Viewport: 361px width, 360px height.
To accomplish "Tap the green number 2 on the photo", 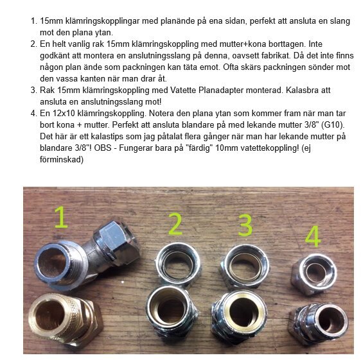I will [x=175, y=225].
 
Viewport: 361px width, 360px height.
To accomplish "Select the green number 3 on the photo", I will [x=245, y=227].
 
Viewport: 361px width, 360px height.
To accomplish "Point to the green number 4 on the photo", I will [x=313, y=236].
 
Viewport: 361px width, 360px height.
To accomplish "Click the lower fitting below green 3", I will [x=245, y=314].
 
